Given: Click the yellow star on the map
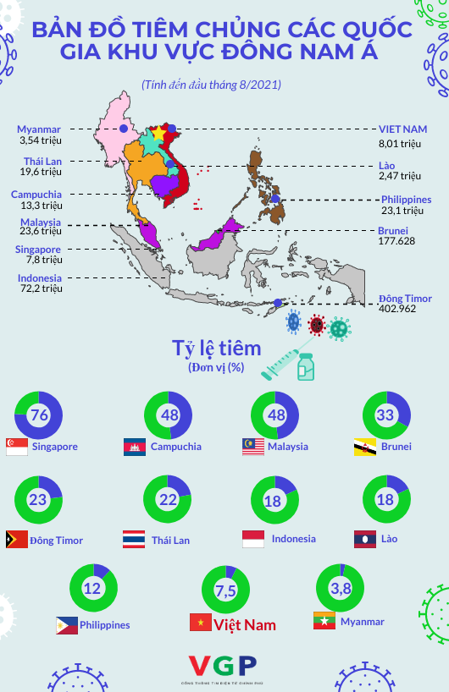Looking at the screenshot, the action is tap(157, 134).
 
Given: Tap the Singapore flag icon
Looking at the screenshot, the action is tap(17, 447).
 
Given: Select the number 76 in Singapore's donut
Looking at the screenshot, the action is tap(39, 415).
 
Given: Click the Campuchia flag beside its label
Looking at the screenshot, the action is tap(135, 447).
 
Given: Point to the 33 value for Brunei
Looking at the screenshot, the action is tap(385, 415).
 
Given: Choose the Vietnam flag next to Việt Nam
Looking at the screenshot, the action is tap(200, 623).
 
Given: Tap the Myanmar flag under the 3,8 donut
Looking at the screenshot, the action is tap(324, 620).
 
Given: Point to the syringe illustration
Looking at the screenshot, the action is tap(280, 361).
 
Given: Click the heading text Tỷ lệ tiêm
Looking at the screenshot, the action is tap(216, 349).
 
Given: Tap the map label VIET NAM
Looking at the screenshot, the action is tap(403, 129).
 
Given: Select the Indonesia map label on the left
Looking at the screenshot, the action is tap(39, 277).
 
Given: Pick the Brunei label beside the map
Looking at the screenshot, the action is tap(393, 230).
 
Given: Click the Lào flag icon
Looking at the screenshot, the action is tap(364, 538).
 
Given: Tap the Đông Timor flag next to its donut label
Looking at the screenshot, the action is tap(17, 539).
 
